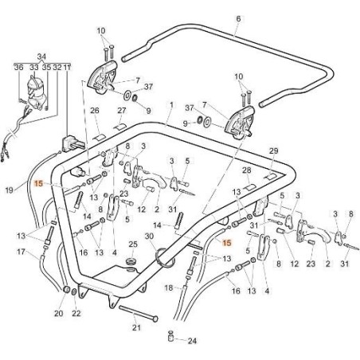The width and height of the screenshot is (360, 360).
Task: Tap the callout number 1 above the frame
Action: pos(170,104)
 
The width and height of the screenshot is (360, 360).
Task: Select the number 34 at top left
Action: pos(42,57)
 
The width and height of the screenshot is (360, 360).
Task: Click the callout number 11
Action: pos(67,68)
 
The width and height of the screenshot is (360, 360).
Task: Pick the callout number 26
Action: pos(94,110)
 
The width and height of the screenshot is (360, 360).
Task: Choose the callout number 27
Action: pos(122,110)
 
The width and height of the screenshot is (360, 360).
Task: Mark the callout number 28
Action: pos(248,170)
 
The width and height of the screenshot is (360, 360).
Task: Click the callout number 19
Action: pos(10,190)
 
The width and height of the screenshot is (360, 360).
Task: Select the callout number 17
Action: pos(21,252)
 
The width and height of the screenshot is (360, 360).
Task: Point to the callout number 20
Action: pos(57,314)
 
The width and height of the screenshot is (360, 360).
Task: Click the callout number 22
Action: pos(76,314)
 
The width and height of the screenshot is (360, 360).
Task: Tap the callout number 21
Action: pos(135,327)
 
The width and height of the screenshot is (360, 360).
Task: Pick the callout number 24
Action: pos(190,340)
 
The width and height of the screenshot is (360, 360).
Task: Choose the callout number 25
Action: pos(133,244)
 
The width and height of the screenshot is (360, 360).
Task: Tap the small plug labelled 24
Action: pos(172,337)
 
